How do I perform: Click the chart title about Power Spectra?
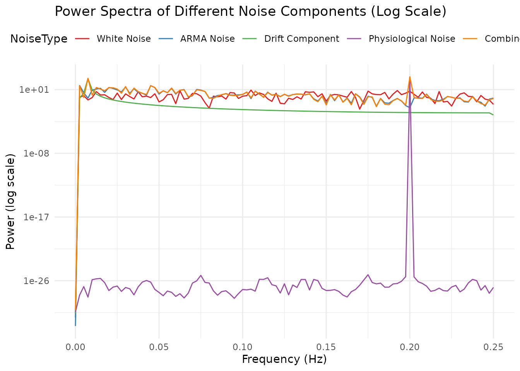click(250, 12)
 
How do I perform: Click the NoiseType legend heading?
click(39, 39)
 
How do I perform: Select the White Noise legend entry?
click(123, 39)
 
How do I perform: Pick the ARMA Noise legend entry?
click(207, 39)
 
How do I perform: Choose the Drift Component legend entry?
click(301, 39)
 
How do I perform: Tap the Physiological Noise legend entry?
click(412, 39)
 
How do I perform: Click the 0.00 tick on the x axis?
click(75, 347)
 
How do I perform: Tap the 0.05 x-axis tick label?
click(159, 347)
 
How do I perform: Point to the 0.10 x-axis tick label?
click(243, 347)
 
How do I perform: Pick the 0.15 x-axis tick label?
click(326, 347)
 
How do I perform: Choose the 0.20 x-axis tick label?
click(410, 347)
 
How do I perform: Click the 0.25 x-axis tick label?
click(493, 347)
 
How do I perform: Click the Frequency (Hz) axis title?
click(284, 359)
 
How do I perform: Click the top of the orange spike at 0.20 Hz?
click(410, 77)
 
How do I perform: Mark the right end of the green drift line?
click(493, 115)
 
